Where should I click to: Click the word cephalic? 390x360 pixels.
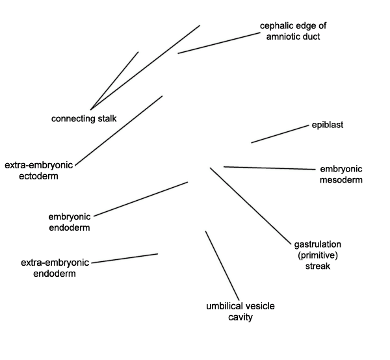point(276,26)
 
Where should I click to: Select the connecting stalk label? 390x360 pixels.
point(84,118)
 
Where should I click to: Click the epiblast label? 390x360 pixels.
point(328,125)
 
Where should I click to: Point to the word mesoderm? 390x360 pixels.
point(341,180)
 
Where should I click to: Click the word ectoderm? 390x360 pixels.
point(38,176)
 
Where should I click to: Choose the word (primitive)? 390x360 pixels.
point(318,255)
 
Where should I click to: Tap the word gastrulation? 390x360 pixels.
point(318,244)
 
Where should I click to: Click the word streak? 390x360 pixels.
point(318,266)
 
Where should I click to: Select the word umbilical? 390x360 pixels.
point(223,306)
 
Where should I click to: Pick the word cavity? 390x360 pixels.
point(240,318)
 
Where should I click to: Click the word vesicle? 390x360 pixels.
point(259,306)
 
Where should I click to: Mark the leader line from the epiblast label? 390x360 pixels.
point(279,135)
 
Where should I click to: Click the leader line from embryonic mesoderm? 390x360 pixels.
point(269,168)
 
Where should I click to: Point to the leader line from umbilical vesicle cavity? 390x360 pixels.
point(222,266)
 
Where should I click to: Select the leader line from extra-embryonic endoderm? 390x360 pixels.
point(125,259)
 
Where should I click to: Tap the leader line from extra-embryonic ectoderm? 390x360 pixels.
point(119,131)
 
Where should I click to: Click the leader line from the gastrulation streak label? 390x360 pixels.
point(250,205)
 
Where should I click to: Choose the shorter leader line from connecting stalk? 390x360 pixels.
point(114,81)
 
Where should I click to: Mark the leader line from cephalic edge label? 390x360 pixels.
point(219,43)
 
